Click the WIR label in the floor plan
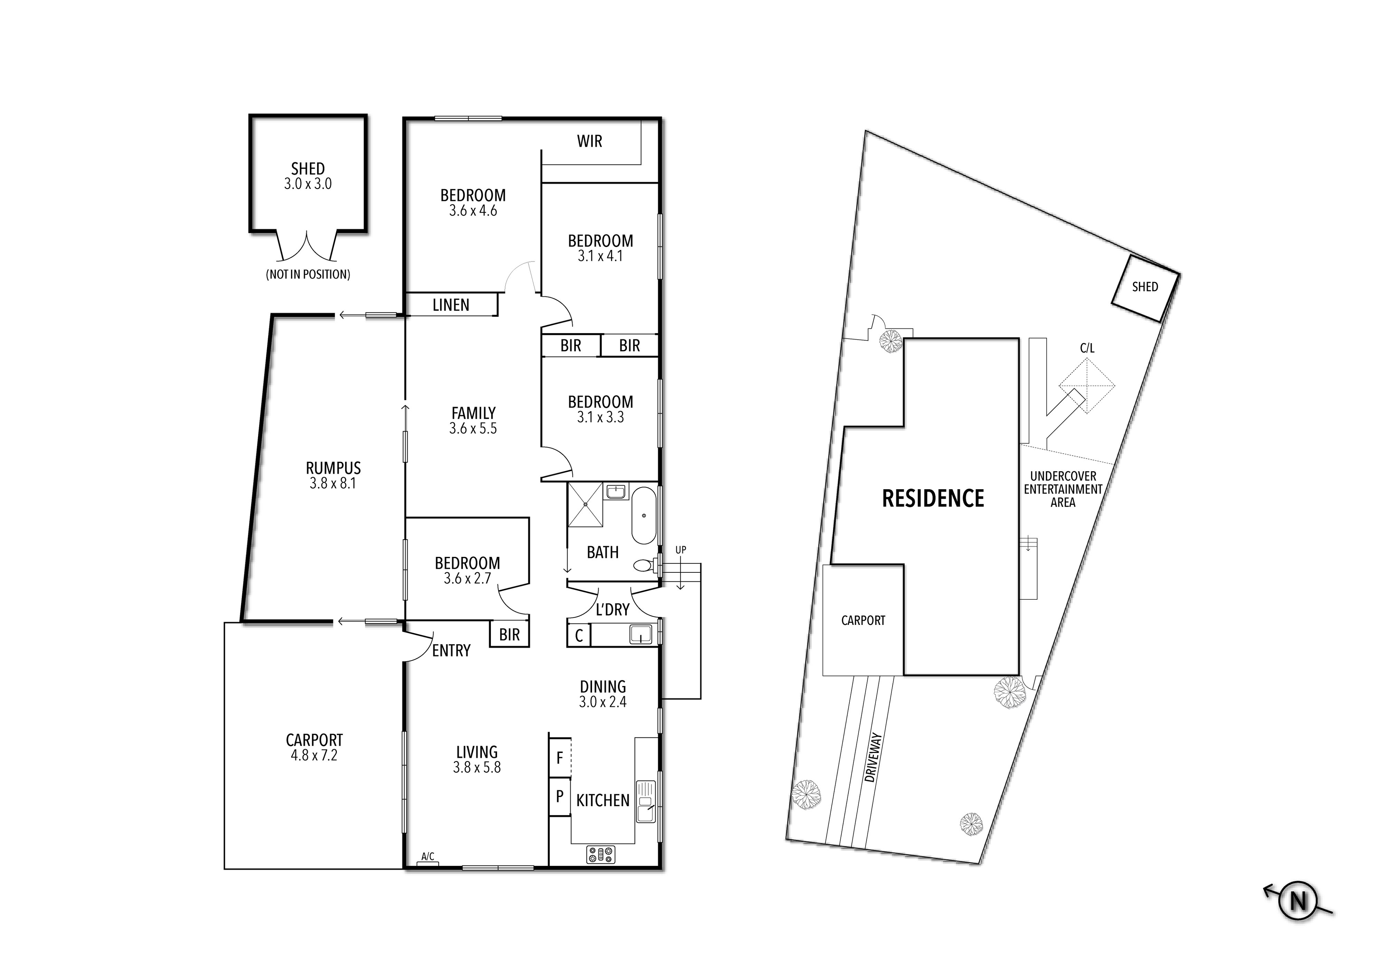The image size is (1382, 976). point(589,141)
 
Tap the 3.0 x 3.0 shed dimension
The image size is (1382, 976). point(308,184)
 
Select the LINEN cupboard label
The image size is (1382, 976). point(451,305)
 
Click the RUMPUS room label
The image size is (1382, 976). point(333,468)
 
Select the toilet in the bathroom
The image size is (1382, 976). point(645,565)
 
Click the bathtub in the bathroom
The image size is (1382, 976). point(644,516)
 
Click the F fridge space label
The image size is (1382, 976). point(560,758)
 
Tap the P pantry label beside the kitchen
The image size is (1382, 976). point(560,796)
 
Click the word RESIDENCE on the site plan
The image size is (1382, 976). point(932,498)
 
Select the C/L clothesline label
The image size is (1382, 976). point(1087,348)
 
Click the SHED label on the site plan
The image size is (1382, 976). point(1145,287)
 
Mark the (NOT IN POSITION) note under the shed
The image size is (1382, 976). point(308,274)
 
